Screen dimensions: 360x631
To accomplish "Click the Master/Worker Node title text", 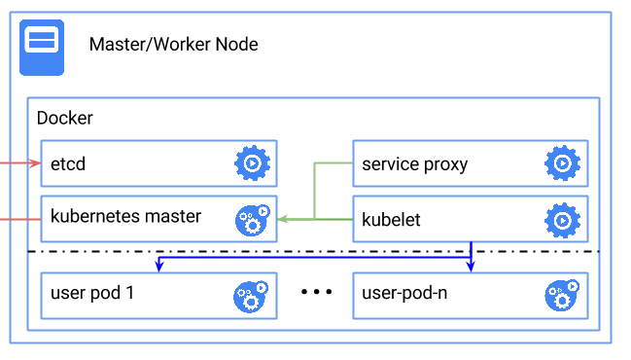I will click(x=173, y=45).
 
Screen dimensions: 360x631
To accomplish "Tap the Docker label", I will click(x=64, y=119).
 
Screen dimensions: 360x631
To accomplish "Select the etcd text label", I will click(x=68, y=163).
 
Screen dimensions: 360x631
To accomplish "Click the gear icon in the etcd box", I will click(x=252, y=163).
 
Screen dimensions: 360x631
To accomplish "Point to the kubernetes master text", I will click(x=125, y=216).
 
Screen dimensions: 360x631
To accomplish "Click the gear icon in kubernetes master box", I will click(x=252, y=220).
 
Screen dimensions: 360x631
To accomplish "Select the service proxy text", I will click(x=414, y=163).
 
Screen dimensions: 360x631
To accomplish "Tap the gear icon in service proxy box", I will click(x=562, y=163).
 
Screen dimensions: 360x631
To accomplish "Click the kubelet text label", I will click(x=391, y=220).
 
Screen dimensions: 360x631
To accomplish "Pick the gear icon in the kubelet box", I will click(x=562, y=220).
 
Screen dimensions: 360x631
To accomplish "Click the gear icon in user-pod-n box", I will click(x=562, y=296).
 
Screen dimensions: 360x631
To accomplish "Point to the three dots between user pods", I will click(x=316, y=292).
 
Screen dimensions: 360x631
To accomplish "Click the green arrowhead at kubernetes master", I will click(x=283, y=220).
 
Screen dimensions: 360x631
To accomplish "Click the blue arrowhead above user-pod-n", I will click(x=472, y=268).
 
